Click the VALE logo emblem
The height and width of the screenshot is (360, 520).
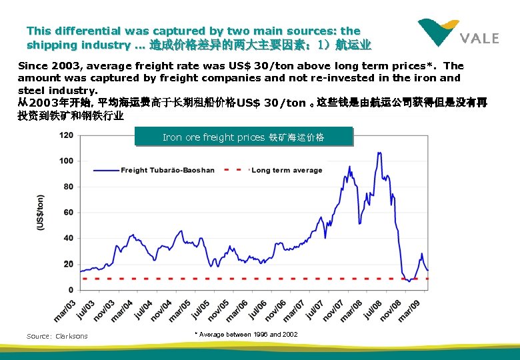(x=438, y=31)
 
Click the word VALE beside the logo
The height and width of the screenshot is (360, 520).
(x=479, y=38)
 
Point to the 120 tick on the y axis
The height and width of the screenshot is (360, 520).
(x=67, y=135)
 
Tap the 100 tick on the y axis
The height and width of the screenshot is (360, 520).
(x=67, y=161)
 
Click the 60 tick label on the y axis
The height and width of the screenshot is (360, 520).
(x=69, y=212)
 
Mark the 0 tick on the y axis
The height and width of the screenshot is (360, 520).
(x=71, y=290)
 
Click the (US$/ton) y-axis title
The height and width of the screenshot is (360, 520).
(x=41, y=213)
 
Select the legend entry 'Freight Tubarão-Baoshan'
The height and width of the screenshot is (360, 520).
(x=167, y=170)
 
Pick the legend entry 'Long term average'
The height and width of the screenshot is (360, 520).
(x=286, y=170)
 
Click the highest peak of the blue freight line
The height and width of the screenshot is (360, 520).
(x=379, y=153)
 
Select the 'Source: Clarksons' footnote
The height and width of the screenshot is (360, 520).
(x=57, y=336)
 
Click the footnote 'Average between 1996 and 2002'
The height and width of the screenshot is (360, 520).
(x=246, y=334)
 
